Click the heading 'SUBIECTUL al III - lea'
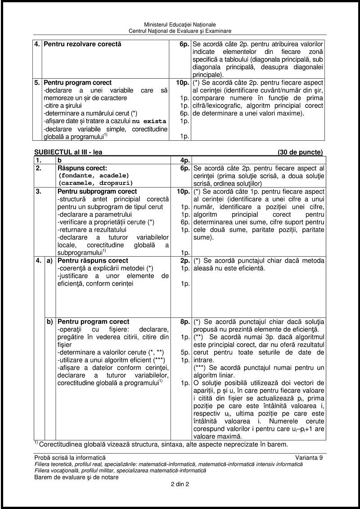[x=68, y=152]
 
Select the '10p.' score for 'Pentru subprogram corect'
[x=183, y=192]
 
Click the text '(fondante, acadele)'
[x=94, y=175]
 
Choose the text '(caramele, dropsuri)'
[x=95, y=183]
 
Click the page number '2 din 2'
[x=180, y=485]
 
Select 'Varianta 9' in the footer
[x=309, y=457]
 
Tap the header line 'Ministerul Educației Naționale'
[x=180, y=24]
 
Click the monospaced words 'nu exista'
[x=148, y=121]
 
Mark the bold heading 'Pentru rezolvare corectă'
[x=82, y=45]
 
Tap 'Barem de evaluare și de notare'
[x=76, y=478]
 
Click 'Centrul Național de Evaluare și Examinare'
[x=180, y=31]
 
